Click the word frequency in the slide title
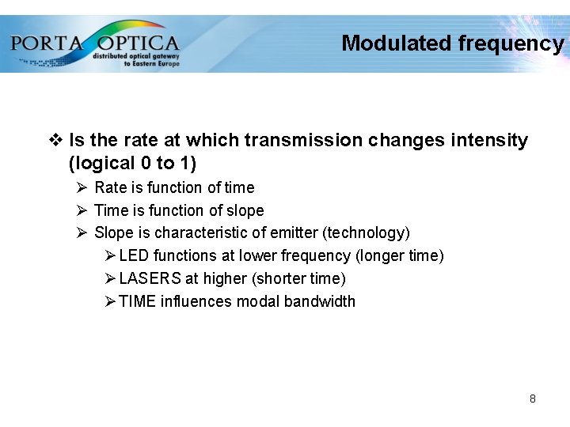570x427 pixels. [x=511, y=43]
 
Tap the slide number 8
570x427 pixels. [x=533, y=399]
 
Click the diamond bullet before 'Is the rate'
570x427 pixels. [x=56, y=141]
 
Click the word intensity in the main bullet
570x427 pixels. [x=489, y=141]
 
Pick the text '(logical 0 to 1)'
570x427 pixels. [x=132, y=164]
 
